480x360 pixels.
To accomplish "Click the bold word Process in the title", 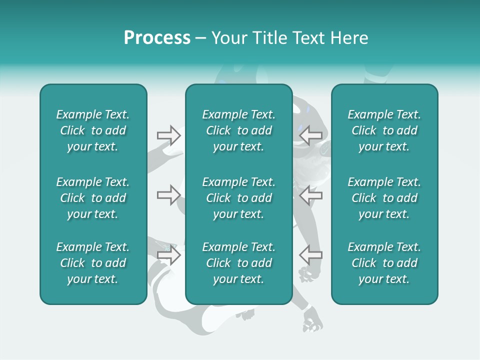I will coord(157,38).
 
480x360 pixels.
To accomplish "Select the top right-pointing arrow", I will coord(168,135).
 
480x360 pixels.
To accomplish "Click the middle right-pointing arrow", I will coord(168,194).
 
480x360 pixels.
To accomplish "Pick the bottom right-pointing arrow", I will coord(168,255).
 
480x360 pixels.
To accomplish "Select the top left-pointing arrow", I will coord(310,135).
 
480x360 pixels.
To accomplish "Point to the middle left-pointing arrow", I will coord(310,194).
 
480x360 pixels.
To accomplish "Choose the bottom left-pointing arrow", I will coord(310,255).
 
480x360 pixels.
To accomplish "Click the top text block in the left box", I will coord(93,130).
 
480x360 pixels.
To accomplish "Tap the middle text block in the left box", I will coord(93,198).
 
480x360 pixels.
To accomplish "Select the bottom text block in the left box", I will coord(93,263).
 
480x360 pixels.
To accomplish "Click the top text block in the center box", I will coord(238,130).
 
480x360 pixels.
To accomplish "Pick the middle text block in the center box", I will coord(238,198).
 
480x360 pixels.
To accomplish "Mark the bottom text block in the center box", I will coord(238,263).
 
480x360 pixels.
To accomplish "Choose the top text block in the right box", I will coord(384,130).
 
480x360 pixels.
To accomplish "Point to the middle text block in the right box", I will coord(384,198).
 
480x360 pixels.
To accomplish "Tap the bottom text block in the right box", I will coord(384,263).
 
